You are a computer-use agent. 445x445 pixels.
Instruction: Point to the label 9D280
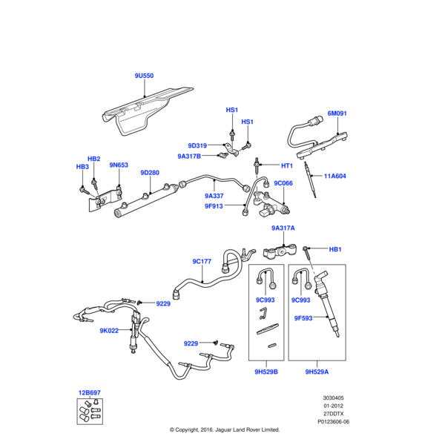click(x=150, y=173)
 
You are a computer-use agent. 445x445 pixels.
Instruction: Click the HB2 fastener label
click(x=94, y=159)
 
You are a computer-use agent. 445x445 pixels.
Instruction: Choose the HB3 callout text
click(x=82, y=167)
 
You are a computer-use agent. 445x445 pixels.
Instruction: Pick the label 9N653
click(x=119, y=165)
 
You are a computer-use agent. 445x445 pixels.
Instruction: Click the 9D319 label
click(x=197, y=145)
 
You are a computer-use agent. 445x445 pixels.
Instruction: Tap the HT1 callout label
click(x=287, y=165)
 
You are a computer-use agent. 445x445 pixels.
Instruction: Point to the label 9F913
click(x=215, y=208)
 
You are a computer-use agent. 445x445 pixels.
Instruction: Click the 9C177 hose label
click(x=202, y=261)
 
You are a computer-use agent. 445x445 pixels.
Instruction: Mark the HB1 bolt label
click(x=334, y=249)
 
